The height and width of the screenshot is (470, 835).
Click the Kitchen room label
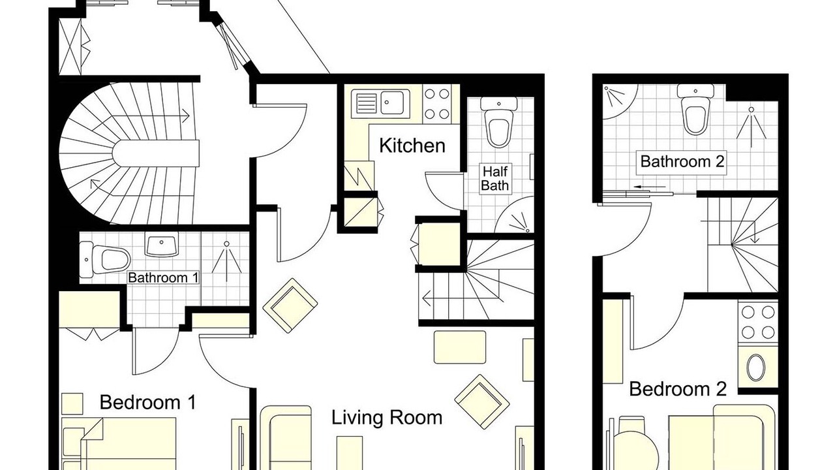[412, 146]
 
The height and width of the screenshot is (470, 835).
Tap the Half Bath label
[494, 178]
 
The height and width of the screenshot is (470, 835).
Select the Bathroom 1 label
[163, 277]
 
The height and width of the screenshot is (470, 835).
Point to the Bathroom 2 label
[682, 161]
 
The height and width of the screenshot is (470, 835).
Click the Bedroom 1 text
[147, 403]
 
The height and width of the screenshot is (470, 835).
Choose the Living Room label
[387, 417]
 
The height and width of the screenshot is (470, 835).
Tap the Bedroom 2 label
[678, 389]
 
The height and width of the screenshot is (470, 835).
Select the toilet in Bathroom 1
[105, 260]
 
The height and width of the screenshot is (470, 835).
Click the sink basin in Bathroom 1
[161, 245]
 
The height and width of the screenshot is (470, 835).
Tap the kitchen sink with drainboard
[380, 103]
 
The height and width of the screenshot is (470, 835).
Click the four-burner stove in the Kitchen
[437, 104]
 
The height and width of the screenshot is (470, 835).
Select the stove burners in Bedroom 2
[758, 322]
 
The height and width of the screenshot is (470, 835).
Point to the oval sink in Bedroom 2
[756, 367]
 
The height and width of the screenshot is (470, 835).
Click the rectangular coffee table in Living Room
[460, 347]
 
